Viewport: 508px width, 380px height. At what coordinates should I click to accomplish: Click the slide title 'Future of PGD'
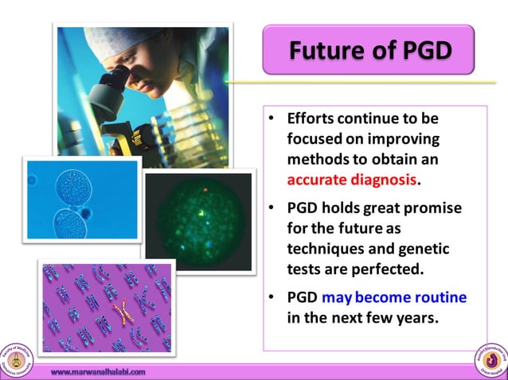click(369, 50)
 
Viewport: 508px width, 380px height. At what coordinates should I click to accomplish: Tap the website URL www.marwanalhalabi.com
click(98, 371)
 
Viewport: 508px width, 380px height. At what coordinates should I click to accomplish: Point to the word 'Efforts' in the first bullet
click(313, 118)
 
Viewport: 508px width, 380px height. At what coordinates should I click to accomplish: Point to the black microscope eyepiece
click(116, 80)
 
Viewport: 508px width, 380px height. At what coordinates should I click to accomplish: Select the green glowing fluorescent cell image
click(198, 214)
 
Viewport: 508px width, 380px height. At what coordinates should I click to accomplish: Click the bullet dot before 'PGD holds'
click(271, 209)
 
